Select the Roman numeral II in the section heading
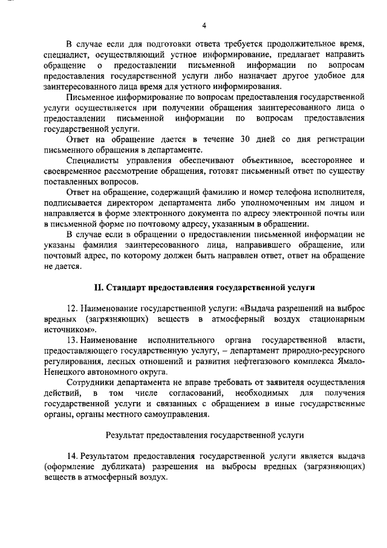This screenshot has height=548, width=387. coord(96,285)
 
